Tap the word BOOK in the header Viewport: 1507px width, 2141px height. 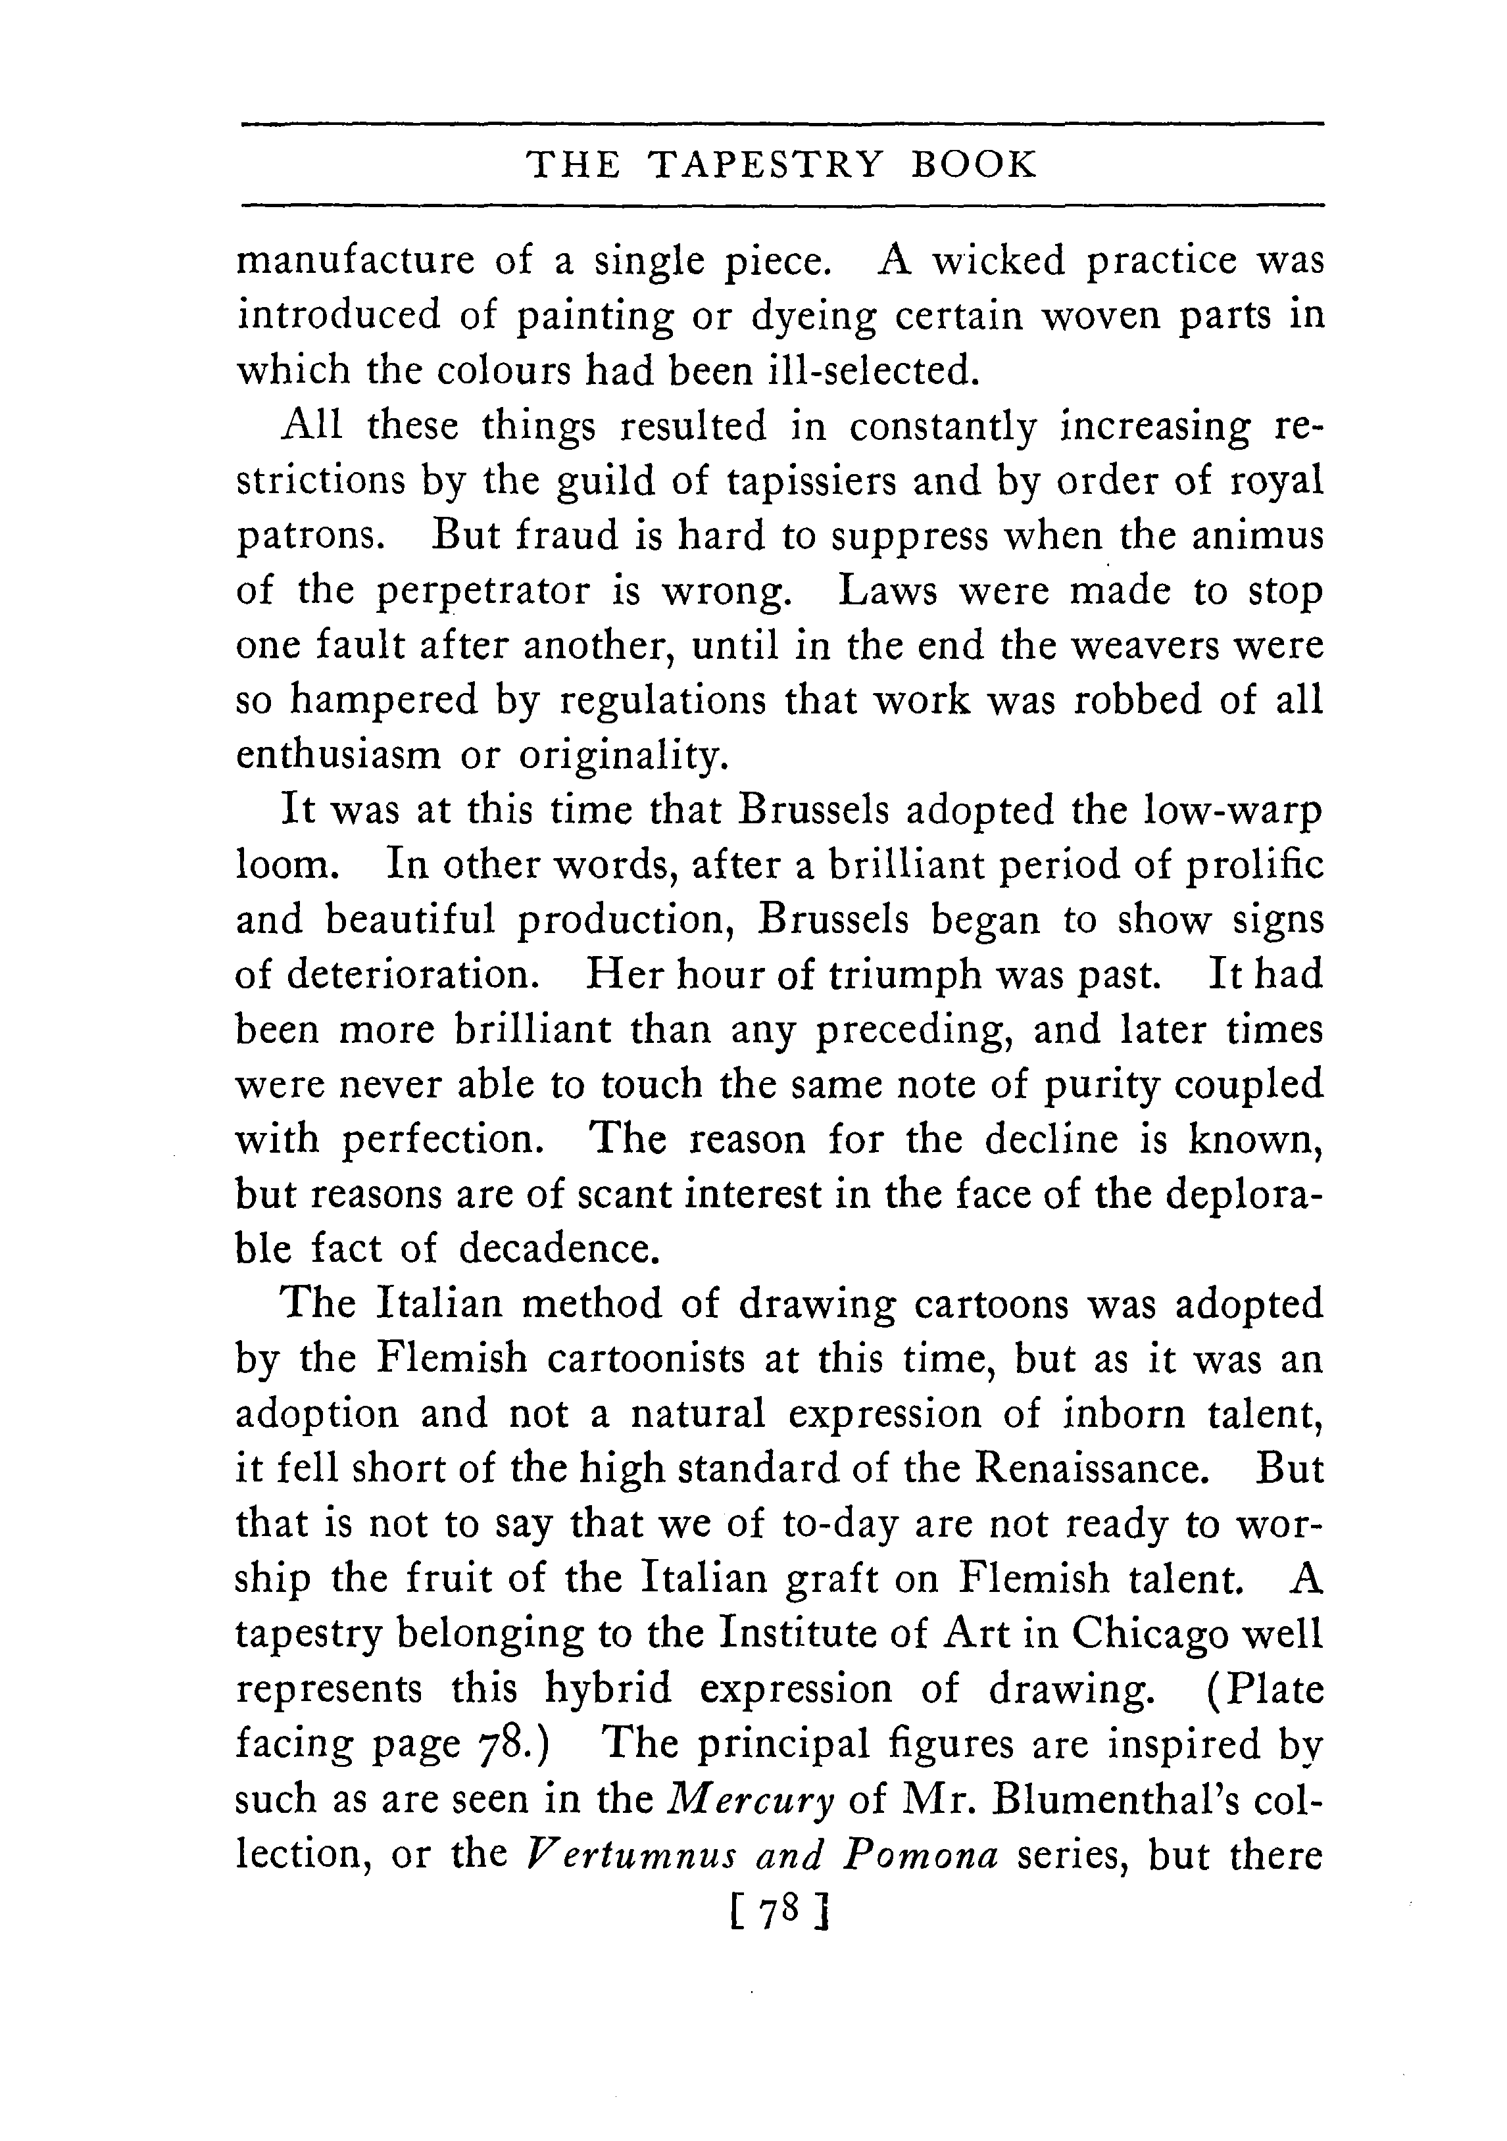(973, 165)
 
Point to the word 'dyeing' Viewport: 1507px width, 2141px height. (813, 317)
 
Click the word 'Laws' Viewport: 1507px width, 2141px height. (887, 590)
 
